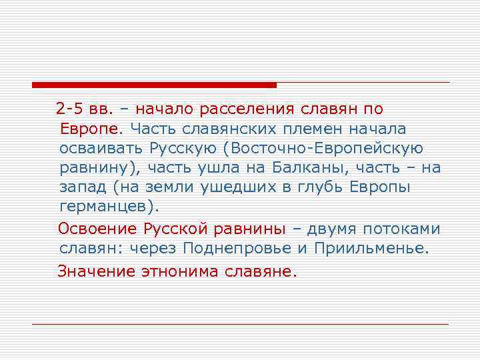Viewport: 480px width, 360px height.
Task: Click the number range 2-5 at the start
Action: (68, 109)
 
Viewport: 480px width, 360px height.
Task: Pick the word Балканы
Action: (310, 167)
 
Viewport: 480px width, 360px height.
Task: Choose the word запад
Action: (82, 187)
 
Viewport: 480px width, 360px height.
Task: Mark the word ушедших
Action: (237, 187)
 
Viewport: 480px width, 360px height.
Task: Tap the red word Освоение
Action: (98, 229)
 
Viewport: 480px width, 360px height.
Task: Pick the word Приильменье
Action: (381, 249)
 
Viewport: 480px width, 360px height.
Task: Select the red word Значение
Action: (98, 271)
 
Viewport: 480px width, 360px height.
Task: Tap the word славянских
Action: (193, 128)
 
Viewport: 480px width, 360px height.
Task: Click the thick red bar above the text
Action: (154, 85)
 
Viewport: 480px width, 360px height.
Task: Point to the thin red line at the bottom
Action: (240, 324)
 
